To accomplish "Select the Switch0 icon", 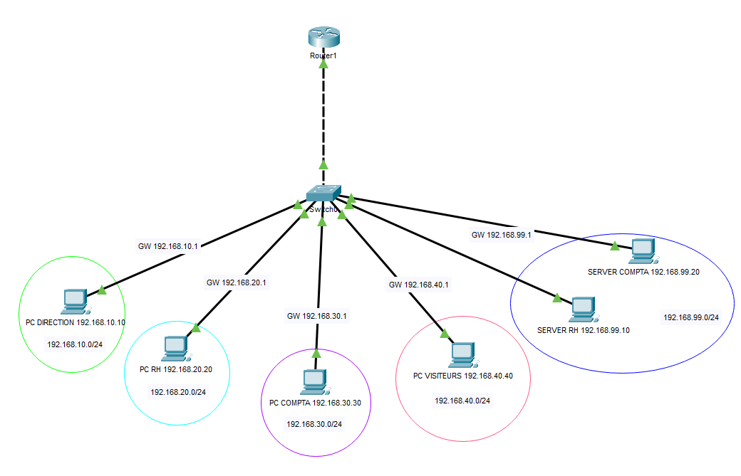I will click(x=323, y=194).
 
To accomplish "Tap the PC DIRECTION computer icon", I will click(x=75, y=302).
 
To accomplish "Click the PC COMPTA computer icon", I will click(x=313, y=382).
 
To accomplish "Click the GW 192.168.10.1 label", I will click(x=167, y=247).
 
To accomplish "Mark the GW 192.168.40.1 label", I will click(x=418, y=285).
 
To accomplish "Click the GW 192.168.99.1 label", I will click(x=501, y=234).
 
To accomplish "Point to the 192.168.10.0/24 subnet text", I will click(x=75, y=344).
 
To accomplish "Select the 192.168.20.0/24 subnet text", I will click(x=178, y=392).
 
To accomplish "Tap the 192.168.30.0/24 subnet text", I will click(x=314, y=424).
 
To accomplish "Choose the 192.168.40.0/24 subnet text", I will click(x=462, y=401).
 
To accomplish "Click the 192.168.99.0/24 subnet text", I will click(x=691, y=317).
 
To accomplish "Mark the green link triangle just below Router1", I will click(x=323, y=64).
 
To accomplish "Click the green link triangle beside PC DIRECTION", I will click(x=102, y=290).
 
